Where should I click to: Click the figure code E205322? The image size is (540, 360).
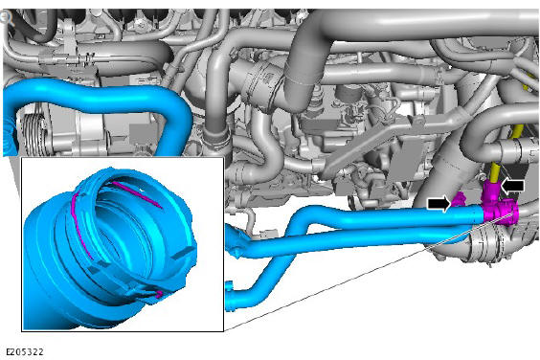coord(25,352)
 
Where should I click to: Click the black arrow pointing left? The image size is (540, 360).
coord(513,186)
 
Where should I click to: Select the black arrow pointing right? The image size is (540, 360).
coord(439,203)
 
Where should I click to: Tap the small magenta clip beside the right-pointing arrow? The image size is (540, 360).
coord(459,199)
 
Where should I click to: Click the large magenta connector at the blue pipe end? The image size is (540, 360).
coord(500,209)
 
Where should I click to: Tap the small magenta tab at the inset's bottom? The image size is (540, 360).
coord(159,294)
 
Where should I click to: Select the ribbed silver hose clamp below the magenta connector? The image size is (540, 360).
coord(487,243)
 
